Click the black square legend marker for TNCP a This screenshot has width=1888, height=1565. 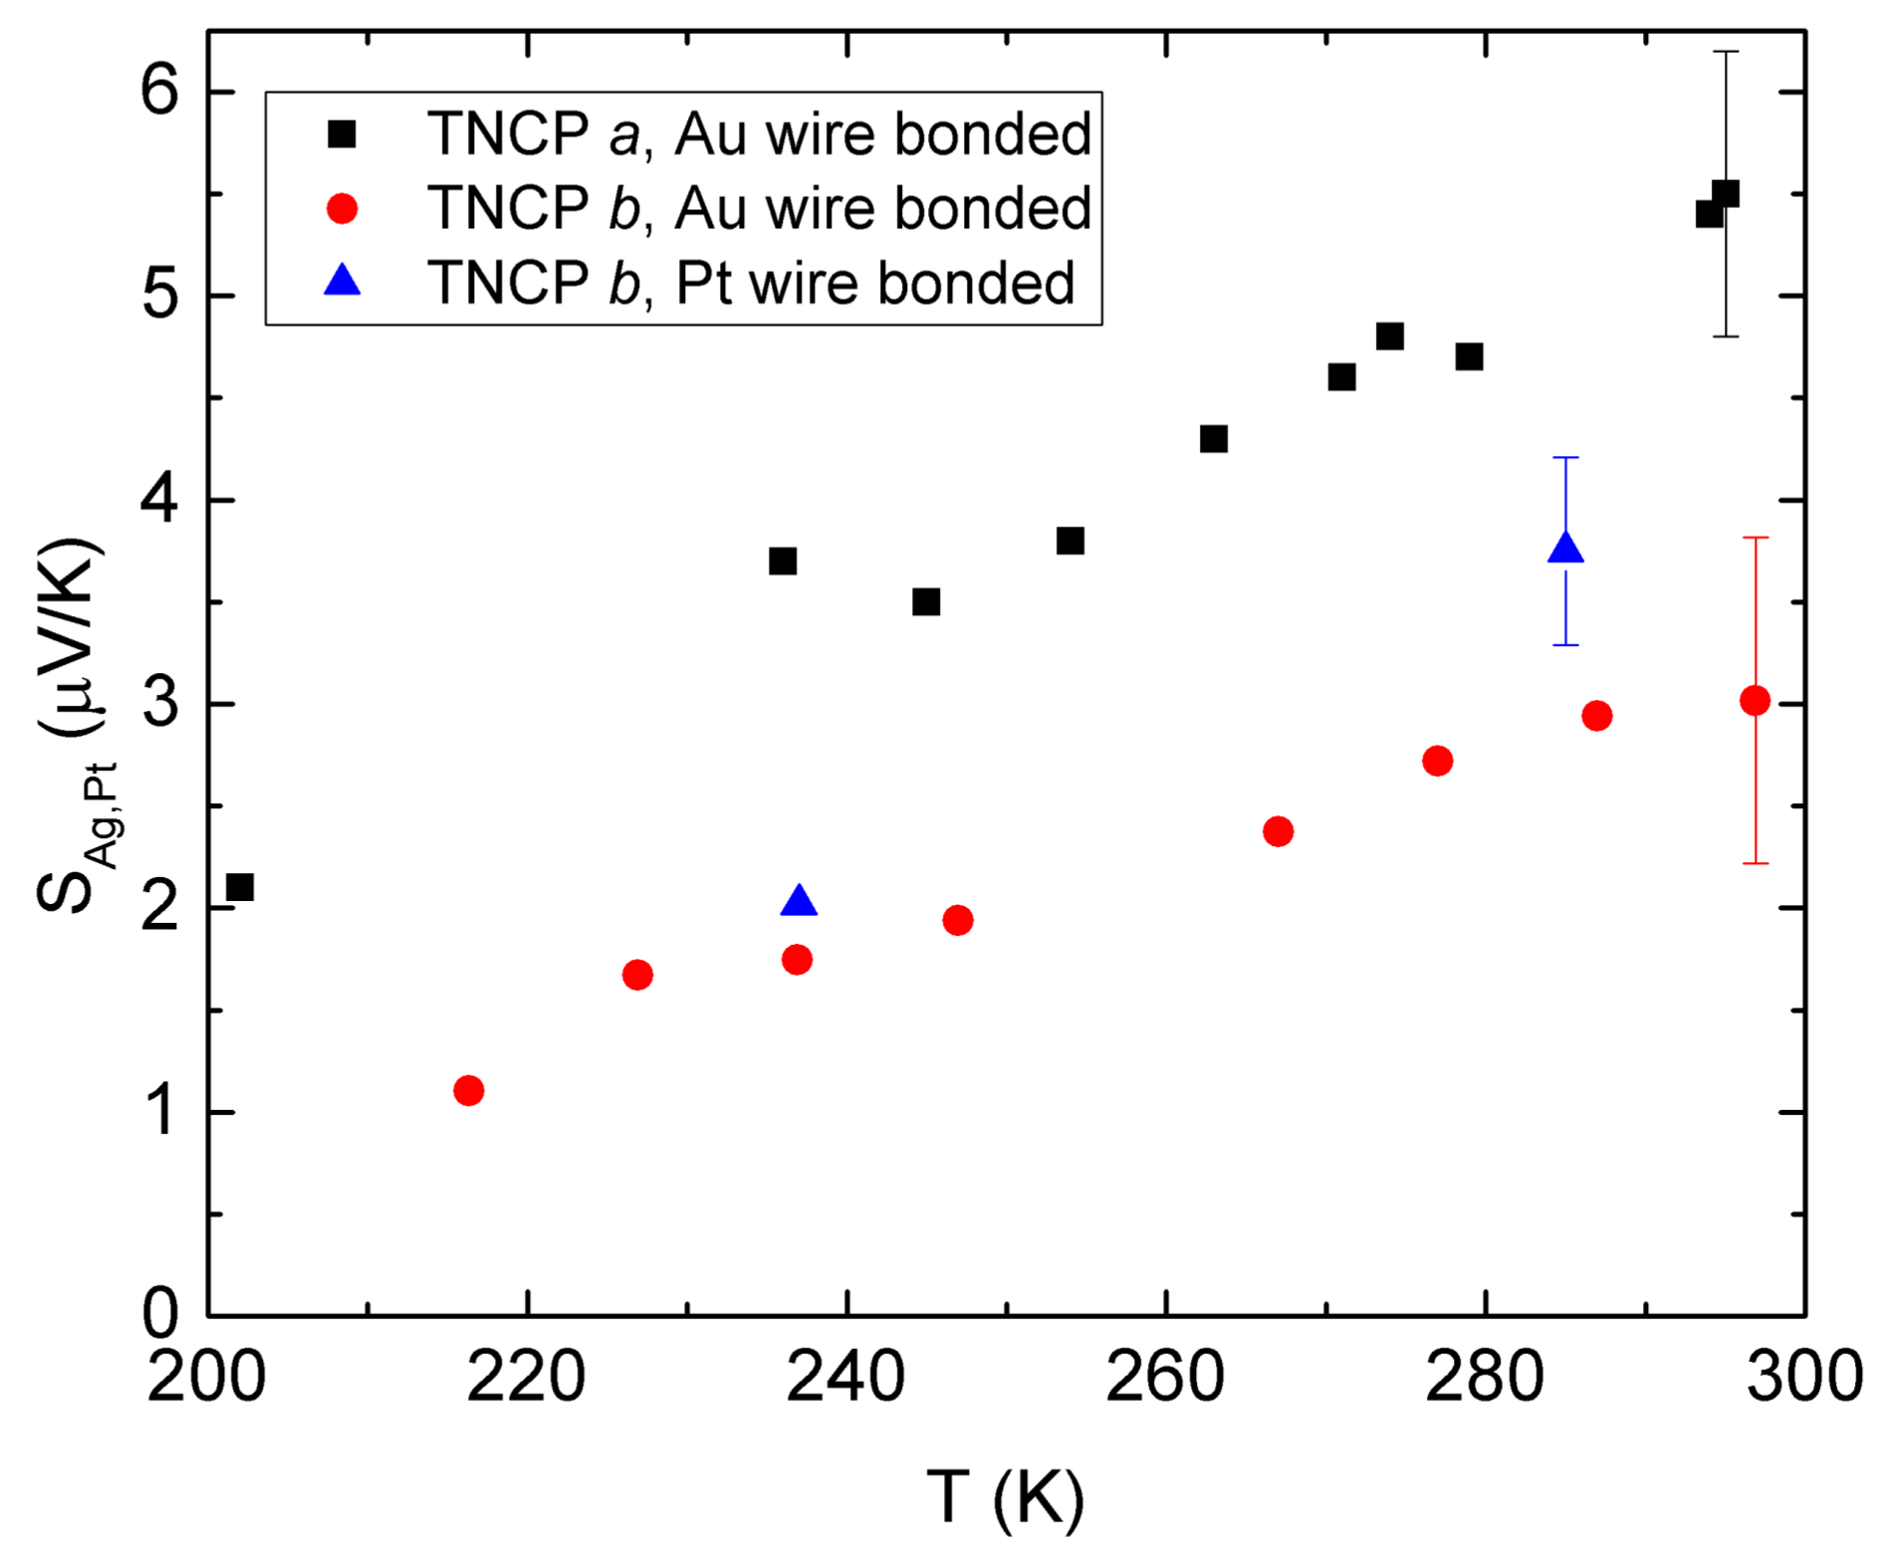tap(342, 134)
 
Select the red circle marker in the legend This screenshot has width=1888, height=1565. tap(342, 209)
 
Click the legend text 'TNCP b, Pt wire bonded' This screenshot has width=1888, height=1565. tap(751, 284)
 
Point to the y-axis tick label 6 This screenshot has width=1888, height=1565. tap(159, 92)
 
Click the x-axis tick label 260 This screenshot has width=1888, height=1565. tap(1165, 1378)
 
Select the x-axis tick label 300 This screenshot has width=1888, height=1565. tap(1803, 1378)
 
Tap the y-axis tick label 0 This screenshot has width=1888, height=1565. tap(159, 1315)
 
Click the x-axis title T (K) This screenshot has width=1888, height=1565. tap(1005, 1497)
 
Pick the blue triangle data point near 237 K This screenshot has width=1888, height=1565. tap(799, 901)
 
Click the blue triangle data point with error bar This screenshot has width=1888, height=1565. tap(1565, 549)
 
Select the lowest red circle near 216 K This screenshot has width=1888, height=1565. tap(468, 1090)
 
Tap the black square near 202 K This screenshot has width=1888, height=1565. tap(239, 887)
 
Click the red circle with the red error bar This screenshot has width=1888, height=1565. tap(1755, 701)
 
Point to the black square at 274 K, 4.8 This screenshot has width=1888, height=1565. tap(1390, 336)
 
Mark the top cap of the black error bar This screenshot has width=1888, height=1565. tap(1726, 51)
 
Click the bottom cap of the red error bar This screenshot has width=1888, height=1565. tap(1755, 863)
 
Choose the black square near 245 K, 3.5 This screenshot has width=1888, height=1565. tap(926, 601)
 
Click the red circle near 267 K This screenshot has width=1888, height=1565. tap(1278, 831)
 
